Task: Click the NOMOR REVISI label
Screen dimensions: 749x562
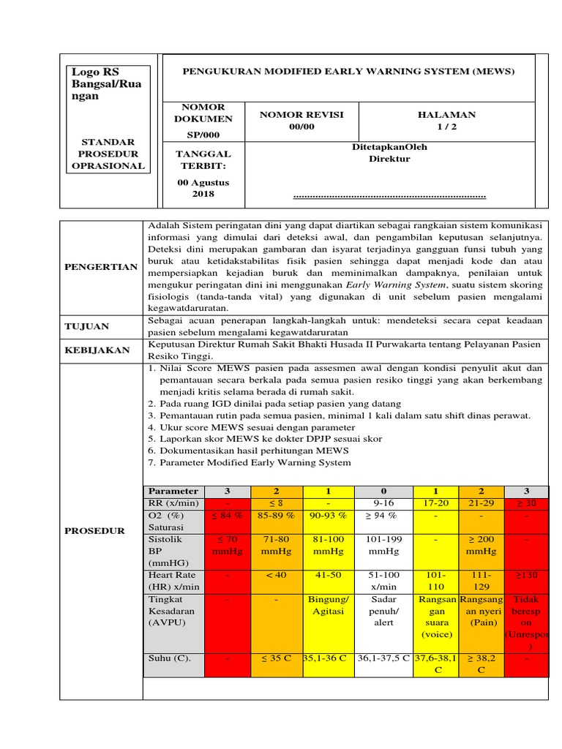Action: (x=301, y=115)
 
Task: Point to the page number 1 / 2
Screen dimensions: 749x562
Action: (x=446, y=127)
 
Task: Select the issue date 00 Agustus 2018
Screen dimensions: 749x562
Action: (x=203, y=188)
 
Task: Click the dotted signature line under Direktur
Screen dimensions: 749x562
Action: (x=389, y=196)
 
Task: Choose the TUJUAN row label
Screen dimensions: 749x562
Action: (x=89, y=326)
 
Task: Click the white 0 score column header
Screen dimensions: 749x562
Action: (x=384, y=491)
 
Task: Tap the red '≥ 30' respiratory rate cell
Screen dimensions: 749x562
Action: (x=526, y=503)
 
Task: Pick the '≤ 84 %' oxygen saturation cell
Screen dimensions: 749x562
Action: (x=227, y=516)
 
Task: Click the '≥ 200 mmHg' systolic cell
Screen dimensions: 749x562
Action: (x=482, y=545)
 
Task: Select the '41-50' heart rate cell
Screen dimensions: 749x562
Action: (x=328, y=575)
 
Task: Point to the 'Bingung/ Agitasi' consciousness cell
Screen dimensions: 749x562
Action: (x=328, y=606)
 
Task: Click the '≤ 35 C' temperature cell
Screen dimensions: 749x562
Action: (x=277, y=658)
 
